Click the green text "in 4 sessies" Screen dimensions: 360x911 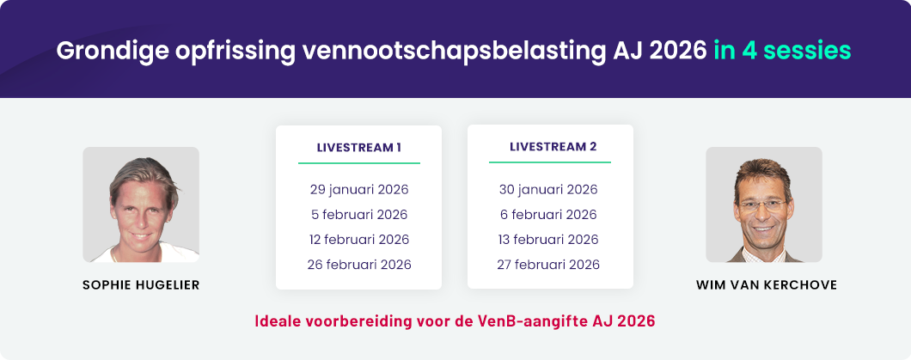click(x=782, y=50)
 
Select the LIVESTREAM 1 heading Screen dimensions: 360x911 click(x=358, y=147)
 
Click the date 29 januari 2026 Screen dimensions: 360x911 click(x=358, y=189)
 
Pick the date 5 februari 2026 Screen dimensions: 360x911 click(x=358, y=214)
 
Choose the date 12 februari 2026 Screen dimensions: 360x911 click(x=358, y=239)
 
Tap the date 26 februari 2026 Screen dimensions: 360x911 click(x=358, y=264)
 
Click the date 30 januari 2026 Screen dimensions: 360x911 click(x=550, y=189)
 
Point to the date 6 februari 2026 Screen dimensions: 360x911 click(x=550, y=214)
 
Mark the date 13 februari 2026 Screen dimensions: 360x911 click(x=550, y=239)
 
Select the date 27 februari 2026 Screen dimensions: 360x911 click(x=550, y=264)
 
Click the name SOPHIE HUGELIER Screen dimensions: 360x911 click(x=141, y=284)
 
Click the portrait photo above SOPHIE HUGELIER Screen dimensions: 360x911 click(x=141, y=204)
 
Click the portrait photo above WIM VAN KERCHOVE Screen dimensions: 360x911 click(x=763, y=204)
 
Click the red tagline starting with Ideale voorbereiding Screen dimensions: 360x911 click(x=455, y=322)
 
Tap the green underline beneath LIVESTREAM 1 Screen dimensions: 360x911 click(x=358, y=162)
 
